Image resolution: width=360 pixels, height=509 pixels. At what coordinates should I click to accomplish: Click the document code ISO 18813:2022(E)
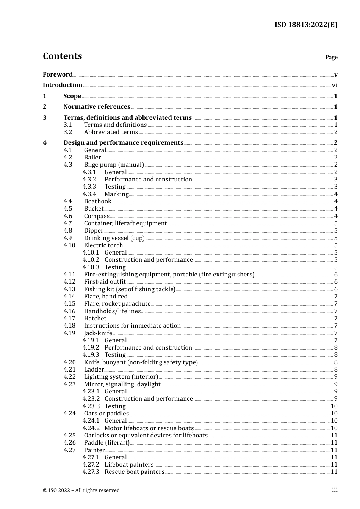click(306, 25)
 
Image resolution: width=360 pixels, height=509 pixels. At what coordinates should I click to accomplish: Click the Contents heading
click(63, 56)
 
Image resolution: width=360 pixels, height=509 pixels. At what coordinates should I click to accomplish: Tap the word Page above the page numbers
click(331, 57)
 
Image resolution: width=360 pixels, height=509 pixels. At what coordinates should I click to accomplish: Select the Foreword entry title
click(58, 74)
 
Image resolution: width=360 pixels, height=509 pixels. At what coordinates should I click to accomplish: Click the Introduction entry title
click(63, 85)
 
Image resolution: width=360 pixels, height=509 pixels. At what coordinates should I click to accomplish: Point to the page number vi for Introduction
click(335, 85)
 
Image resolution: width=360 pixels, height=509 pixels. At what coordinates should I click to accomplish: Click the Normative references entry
click(97, 106)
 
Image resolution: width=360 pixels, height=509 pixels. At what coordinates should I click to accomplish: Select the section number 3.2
click(68, 132)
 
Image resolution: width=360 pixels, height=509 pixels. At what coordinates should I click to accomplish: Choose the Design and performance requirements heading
click(123, 142)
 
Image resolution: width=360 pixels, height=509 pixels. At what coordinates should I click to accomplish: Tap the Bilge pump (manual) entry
click(114, 164)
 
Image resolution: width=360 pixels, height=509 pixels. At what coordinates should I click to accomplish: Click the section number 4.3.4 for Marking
click(89, 194)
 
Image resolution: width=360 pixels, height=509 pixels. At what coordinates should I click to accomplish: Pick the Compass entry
click(97, 216)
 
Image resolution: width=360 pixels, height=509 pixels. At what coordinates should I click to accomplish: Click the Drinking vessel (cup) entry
click(114, 238)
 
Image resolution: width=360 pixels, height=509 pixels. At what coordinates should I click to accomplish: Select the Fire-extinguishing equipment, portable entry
click(169, 274)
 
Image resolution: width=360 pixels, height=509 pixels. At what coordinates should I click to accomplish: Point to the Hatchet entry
click(95, 318)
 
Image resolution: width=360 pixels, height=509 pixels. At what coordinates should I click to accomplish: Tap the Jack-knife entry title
click(98, 333)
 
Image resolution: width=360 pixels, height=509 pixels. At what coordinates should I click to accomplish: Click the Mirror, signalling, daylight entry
click(122, 384)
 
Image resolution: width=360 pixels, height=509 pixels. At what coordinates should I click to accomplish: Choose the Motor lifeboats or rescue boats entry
click(149, 428)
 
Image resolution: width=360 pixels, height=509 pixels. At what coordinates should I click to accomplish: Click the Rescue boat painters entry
click(134, 472)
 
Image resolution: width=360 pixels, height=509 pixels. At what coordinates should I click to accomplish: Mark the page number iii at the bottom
click(335, 490)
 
